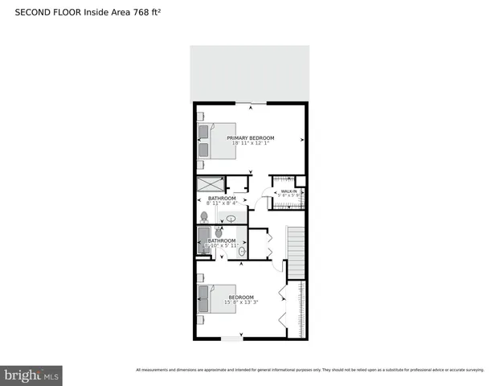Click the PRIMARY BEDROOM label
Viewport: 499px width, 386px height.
pyautogui.click(x=250, y=138)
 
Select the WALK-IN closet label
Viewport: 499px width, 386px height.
pyautogui.click(x=288, y=191)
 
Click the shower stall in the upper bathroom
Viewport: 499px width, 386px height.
pyautogui.click(x=208, y=183)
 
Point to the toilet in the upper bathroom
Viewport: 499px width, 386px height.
pyautogui.click(x=203, y=216)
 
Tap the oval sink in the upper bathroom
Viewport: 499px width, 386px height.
pyautogui.click(x=231, y=218)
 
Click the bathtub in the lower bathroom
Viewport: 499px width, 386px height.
pyautogui.click(x=203, y=240)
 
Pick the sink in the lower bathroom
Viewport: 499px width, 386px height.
pyautogui.click(x=241, y=252)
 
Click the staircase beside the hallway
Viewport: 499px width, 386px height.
pyautogui.click(x=297, y=249)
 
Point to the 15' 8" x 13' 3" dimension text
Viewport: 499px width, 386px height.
pyautogui.click(x=242, y=302)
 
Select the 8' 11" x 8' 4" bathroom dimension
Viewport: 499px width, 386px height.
pyautogui.click(x=222, y=203)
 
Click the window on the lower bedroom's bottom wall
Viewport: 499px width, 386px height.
pyautogui.click(x=232, y=339)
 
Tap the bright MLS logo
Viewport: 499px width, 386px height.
pyautogui.click(x=31, y=376)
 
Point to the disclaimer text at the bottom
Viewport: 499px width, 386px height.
pyautogui.click(x=309, y=370)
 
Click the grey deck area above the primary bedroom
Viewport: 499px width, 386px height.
pyautogui.click(x=250, y=72)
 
